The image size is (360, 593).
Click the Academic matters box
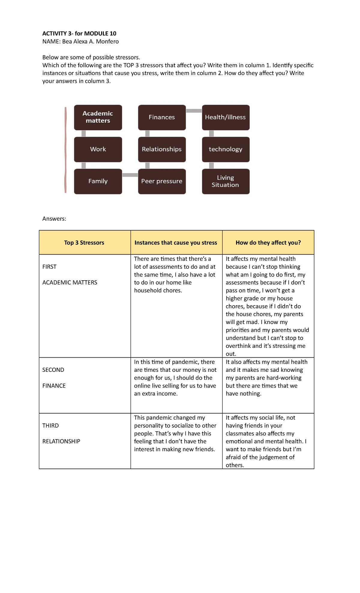(x=98, y=117)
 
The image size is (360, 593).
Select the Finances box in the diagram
(x=162, y=117)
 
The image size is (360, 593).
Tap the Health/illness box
(x=226, y=117)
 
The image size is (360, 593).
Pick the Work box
(x=98, y=149)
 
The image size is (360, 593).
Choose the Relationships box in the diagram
(x=162, y=149)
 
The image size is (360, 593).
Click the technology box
(x=226, y=149)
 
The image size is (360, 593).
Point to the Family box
(x=98, y=181)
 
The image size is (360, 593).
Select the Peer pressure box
(x=162, y=181)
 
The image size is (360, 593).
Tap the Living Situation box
(x=226, y=181)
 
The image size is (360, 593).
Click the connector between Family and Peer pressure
(x=130, y=175)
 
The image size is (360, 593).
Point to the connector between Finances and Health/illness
(x=194, y=111)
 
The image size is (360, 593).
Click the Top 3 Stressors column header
(x=84, y=243)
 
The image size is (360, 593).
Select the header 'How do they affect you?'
(x=268, y=243)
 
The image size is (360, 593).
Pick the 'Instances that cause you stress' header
(x=176, y=243)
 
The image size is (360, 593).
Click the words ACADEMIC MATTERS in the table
(x=70, y=283)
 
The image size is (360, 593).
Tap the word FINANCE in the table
(x=54, y=386)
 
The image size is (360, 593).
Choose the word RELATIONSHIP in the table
(x=61, y=441)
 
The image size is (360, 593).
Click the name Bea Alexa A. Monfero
(x=90, y=42)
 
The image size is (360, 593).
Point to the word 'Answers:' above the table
(x=54, y=219)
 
